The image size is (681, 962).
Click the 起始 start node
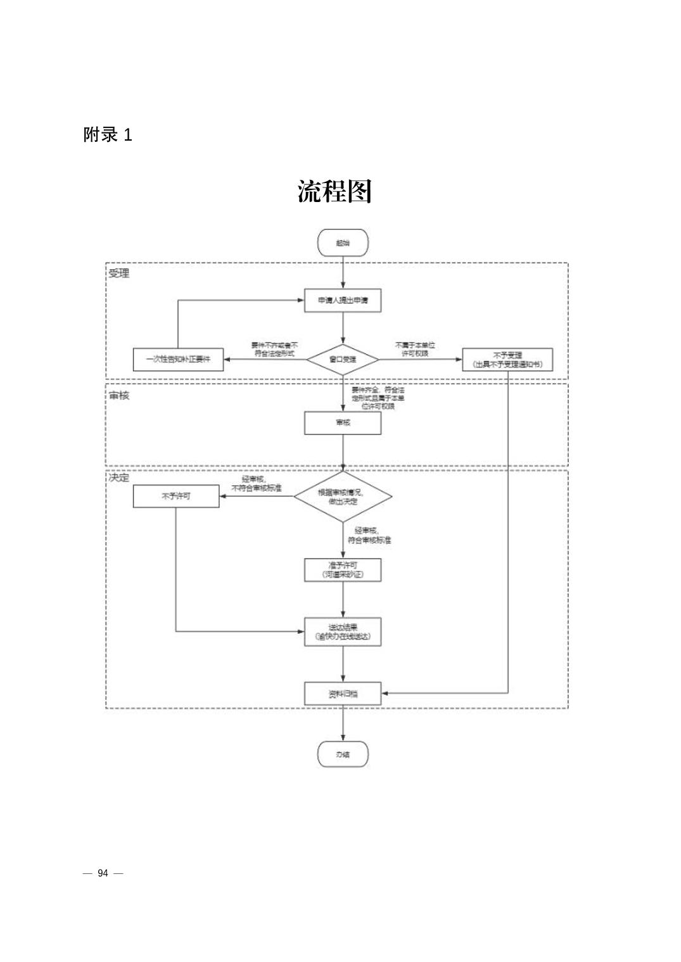pyautogui.click(x=343, y=243)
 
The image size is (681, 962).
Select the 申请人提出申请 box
pyautogui.click(x=343, y=300)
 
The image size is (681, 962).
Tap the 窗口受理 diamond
pyautogui.click(x=343, y=359)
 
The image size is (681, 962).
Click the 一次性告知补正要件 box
pyautogui.click(x=178, y=359)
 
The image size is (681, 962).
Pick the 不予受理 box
pyautogui.click(x=507, y=360)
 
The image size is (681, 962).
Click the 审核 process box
pyautogui.click(x=343, y=423)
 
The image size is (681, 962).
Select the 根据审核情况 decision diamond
pyautogui.click(x=343, y=497)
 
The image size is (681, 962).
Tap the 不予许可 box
pyautogui.click(x=176, y=497)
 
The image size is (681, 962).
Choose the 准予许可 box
pyautogui.click(x=343, y=570)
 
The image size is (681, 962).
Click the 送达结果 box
pyautogui.click(x=343, y=631)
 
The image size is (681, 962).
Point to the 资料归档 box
pyautogui.click(x=343, y=693)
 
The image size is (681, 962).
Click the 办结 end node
pyautogui.click(x=343, y=754)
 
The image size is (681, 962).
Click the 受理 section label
pyautogui.click(x=119, y=274)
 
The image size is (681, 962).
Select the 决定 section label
pyautogui.click(x=119, y=478)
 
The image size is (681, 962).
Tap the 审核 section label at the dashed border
pyautogui.click(x=119, y=396)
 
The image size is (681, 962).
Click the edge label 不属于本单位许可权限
pyautogui.click(x=415, y=350)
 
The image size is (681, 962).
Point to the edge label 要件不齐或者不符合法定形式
pyautogui.click(x=274, y=350)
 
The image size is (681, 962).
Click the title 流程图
pyautogui.click(x=334, y=191)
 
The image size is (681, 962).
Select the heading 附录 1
pyautogui.click(x=108, y=135)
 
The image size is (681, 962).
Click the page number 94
pyautogui.click(x=103, y=873)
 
